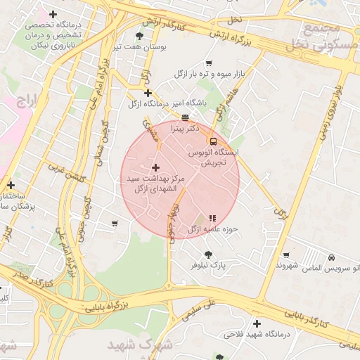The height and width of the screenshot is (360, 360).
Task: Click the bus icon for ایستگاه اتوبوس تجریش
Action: [x=212, y=141]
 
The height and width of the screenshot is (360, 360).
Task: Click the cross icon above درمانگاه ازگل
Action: [x=147, y=93]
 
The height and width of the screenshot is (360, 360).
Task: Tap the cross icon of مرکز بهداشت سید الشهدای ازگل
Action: [x=155, y=167]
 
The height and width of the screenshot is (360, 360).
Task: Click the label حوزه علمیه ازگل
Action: [x=213, y=229]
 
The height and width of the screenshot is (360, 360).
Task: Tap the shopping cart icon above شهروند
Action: [x=285, y=255]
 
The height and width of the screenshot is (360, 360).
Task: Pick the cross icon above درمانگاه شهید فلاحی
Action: [x=257, y=324]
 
